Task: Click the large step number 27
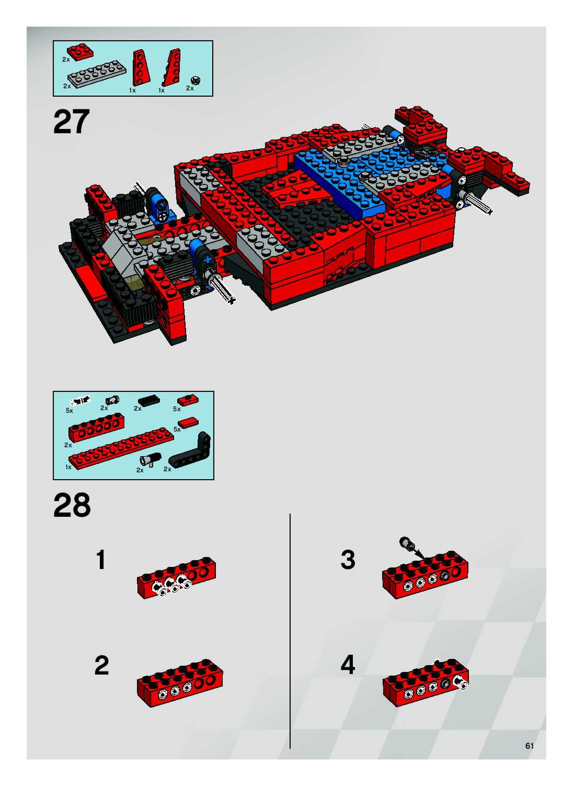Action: [72, 121]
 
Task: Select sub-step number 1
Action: [101, 560]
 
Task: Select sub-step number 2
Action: [102, 665]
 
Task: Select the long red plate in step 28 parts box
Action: [121, 449]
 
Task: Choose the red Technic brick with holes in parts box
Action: [96, 427]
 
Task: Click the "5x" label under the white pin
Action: [70, 411]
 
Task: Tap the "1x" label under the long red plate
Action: [68, 467]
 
